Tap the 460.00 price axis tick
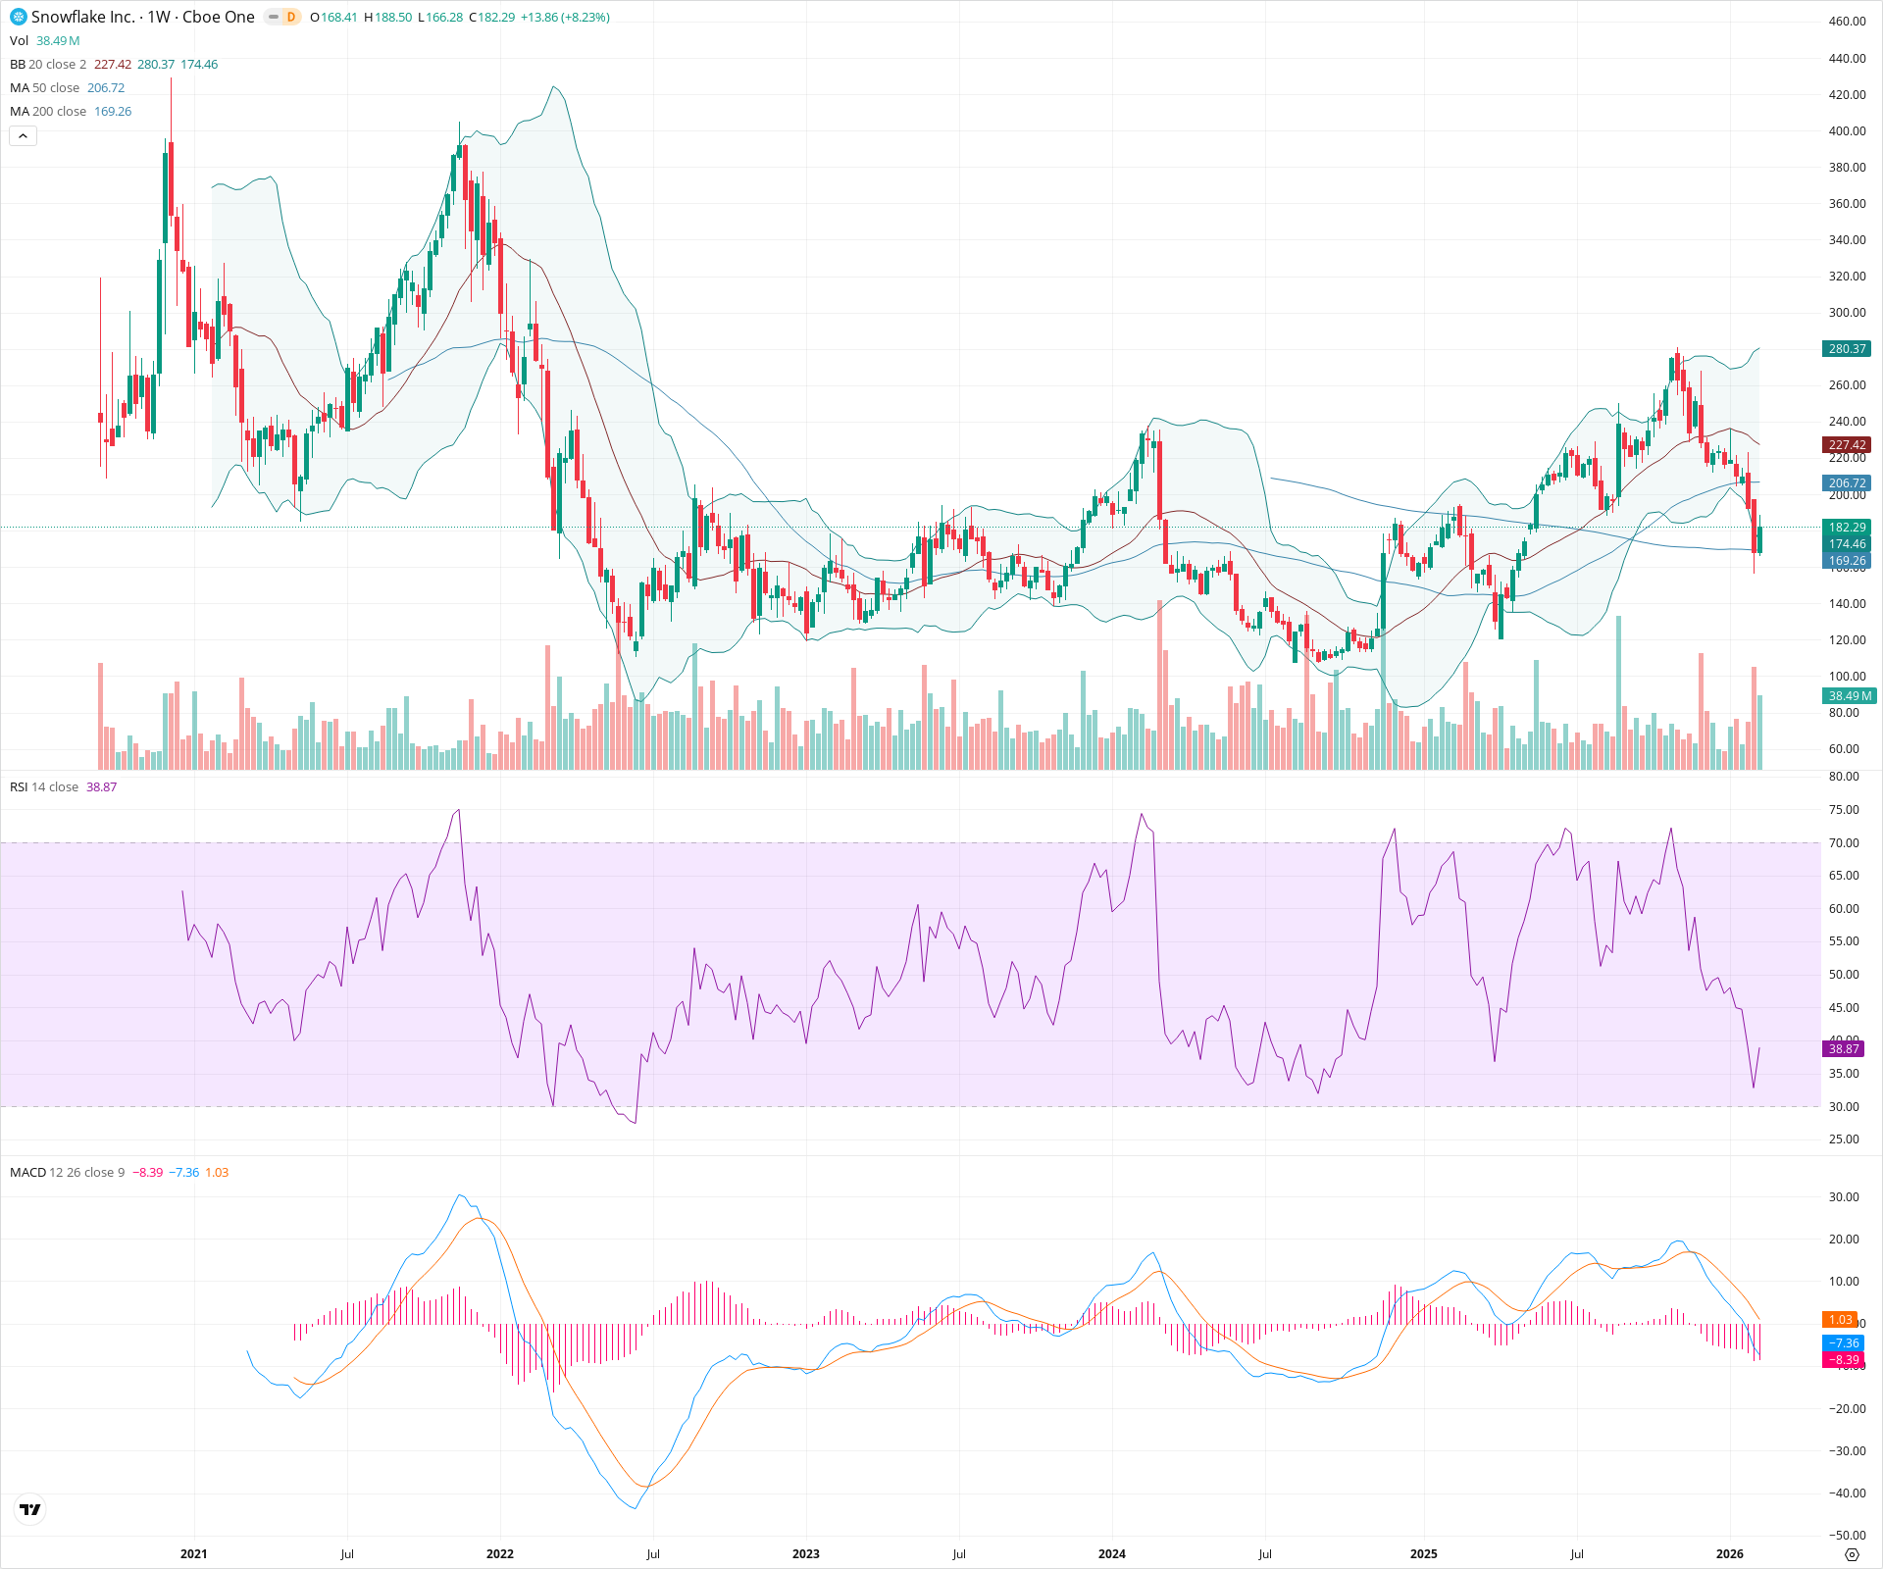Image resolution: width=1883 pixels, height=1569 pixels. pyautogui.click(x=1847, y=22)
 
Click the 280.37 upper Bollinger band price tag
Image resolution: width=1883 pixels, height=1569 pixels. pyautogui.click(x=1847, y=349)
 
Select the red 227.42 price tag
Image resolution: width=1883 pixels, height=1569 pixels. pyautogui.click(x=1847, y=445)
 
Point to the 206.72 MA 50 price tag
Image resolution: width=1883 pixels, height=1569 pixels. pyautogui.click(x=1847, y=483)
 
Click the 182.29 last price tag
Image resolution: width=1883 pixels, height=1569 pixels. pyautogui.click(x=1847, y=528)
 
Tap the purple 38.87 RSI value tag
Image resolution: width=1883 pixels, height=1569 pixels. pyautogui.click(x=1844, y=1049)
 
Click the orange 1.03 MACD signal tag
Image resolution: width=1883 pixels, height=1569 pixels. pyautogui.click(x=1840, y=1320)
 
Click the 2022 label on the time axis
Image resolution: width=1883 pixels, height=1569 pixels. pyautogui.click(x=500, y=1554)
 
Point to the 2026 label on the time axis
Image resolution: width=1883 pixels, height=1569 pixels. pyautogui.click(x=1729, y=1554)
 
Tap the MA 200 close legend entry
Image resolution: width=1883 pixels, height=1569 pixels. pyautogui.click(x=49, y=112)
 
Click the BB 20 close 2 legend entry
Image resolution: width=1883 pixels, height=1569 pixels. pyautogui.click(x=48, y=65)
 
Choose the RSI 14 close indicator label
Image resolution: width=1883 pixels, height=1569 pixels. pyautogui.click(x=44, y=787)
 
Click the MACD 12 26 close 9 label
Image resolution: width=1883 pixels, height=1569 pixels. pyautogui.click(x=67, y=1173)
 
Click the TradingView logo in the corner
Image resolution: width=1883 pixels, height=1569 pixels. pyautogui.click(x=30, y=1510)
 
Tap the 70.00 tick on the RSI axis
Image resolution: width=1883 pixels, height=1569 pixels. pyautogui.click(x=1844, y=843)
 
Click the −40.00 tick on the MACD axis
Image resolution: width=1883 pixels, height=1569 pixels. pyautogui.click(x=1844, y=1493)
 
